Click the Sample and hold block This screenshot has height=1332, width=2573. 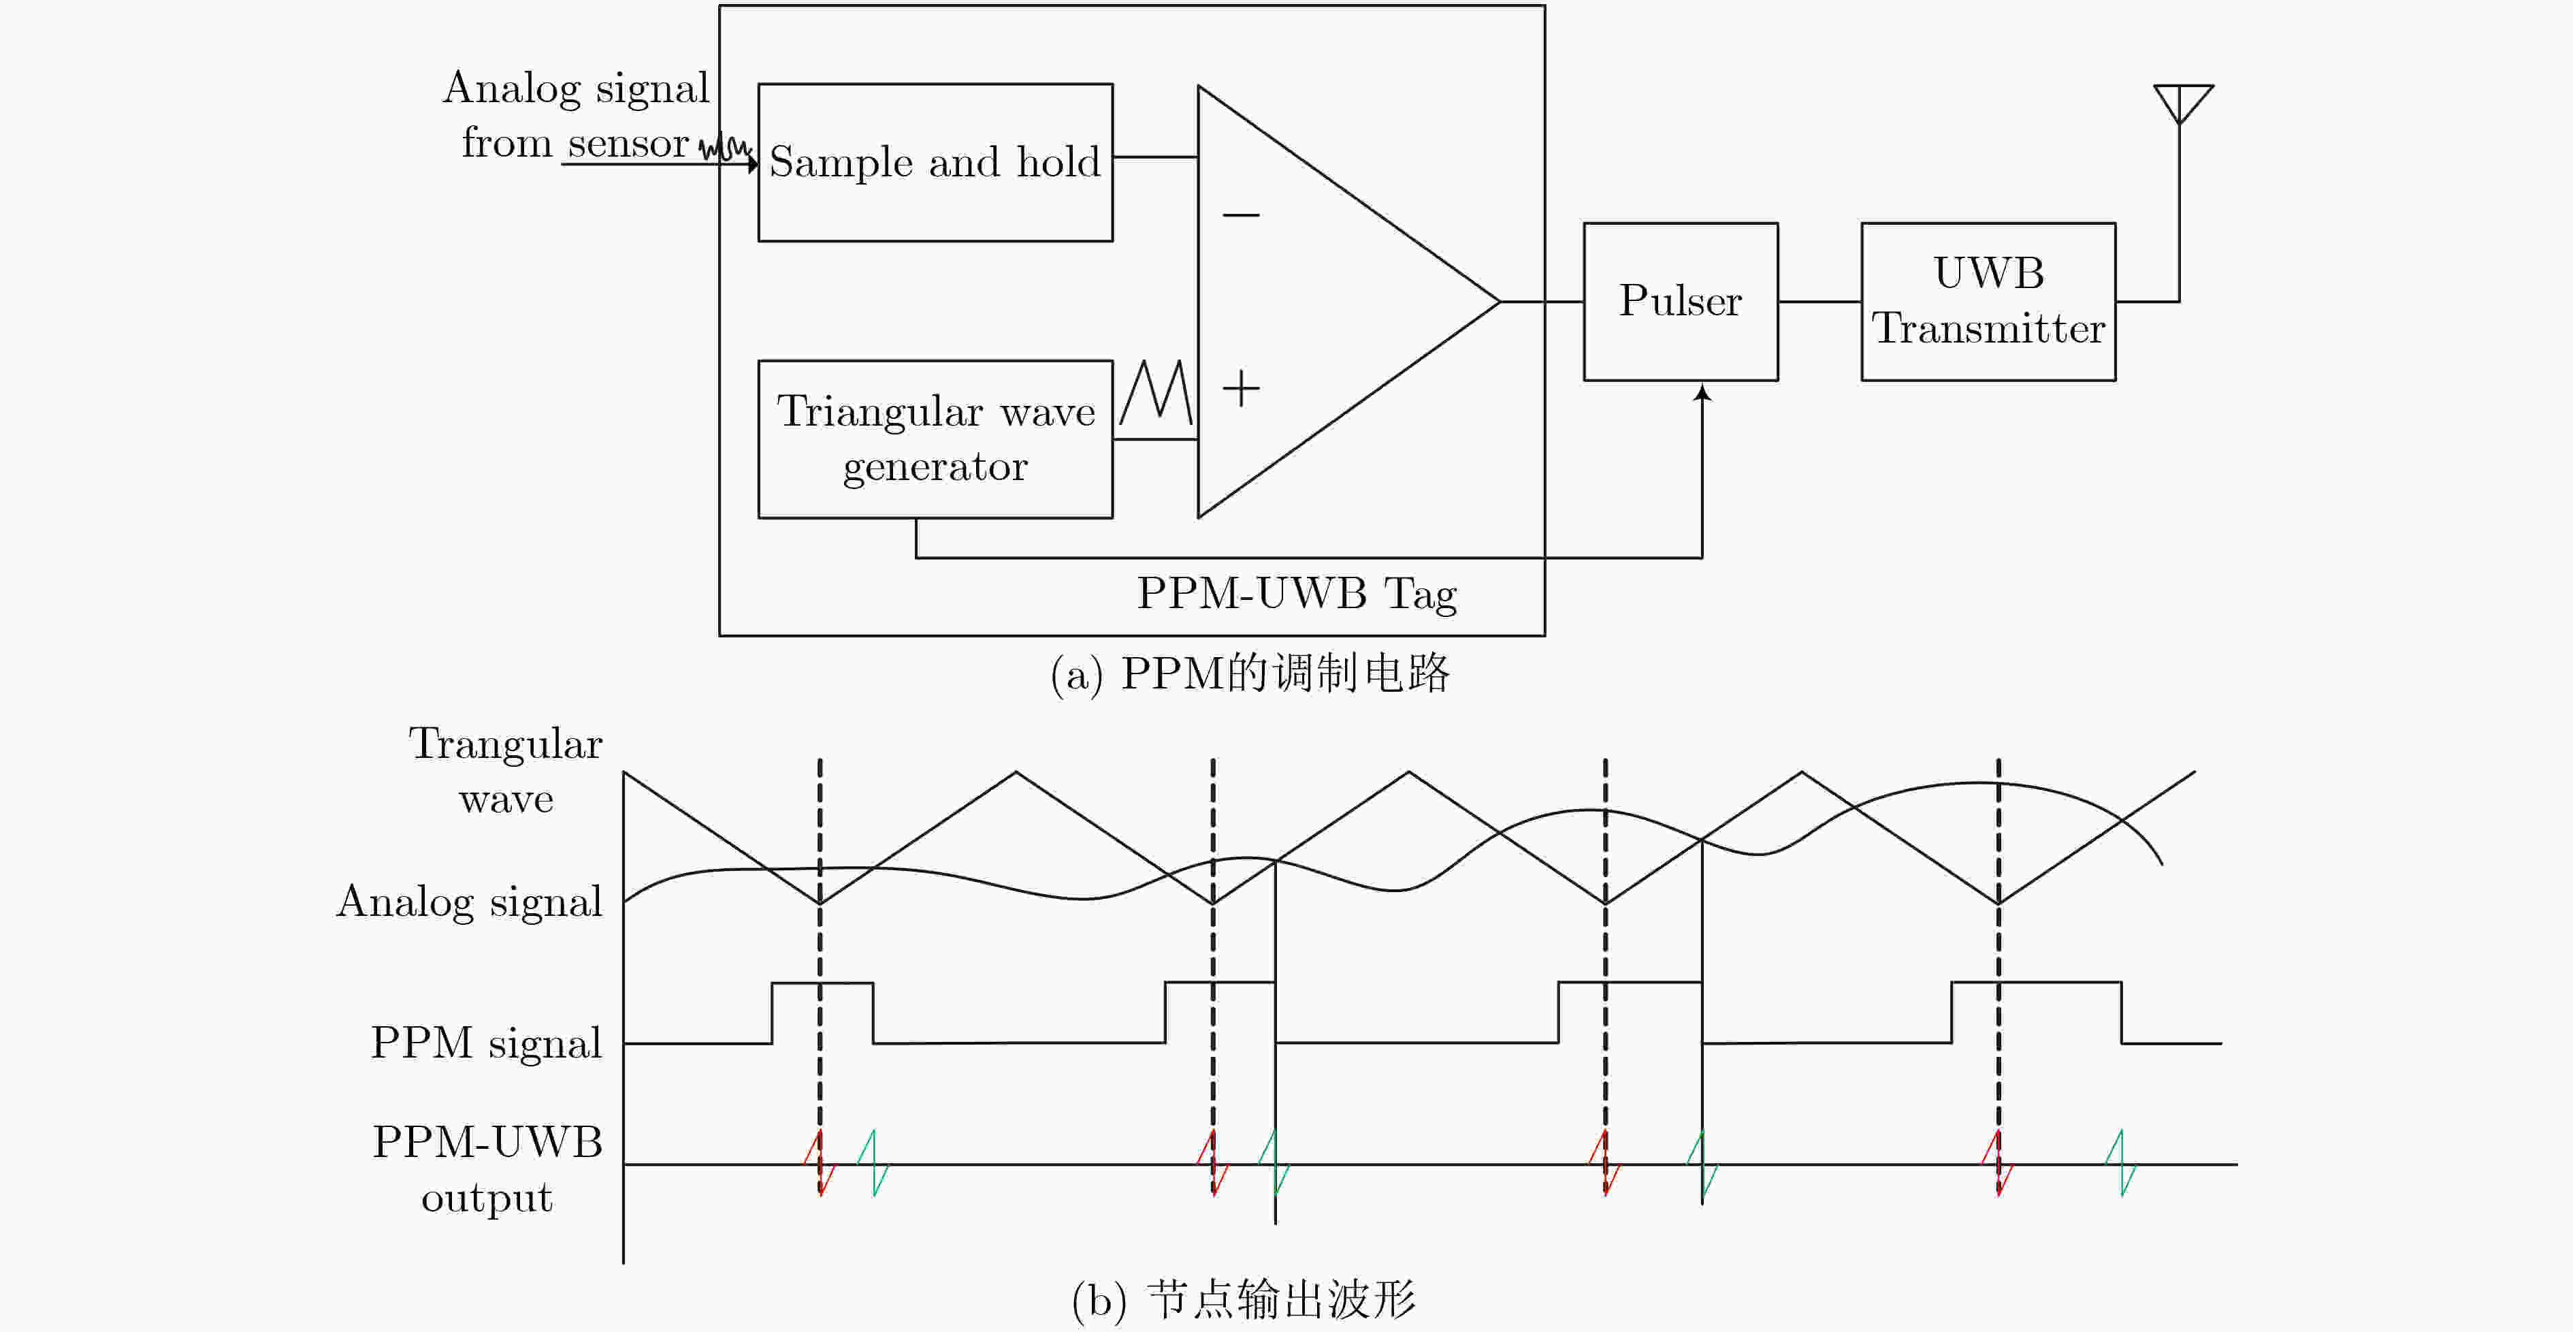tap(935, 162)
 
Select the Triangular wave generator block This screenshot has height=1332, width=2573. tap(935, 439)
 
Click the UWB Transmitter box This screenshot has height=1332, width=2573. tap(1988, 301)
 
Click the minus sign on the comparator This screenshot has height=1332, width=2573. tap(1240, 214)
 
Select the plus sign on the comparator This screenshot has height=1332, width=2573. tap(1240, 387)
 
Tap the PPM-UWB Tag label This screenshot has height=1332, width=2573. tap(1297, 594)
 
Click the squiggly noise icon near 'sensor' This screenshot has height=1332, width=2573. tap(724, 148)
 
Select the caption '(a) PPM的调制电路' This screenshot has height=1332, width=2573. tap(1250, 673)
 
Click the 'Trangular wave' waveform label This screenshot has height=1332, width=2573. tap(505, 770)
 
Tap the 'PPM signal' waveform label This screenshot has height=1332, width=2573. tap(487, 1042)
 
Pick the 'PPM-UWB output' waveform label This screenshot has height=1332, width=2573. tap(487, 1169)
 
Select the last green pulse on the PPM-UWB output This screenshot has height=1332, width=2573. tap(2120, 1163)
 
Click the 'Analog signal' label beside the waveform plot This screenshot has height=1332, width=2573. tap(470, 902)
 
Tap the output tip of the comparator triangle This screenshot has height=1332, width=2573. tap(1500, 301)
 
